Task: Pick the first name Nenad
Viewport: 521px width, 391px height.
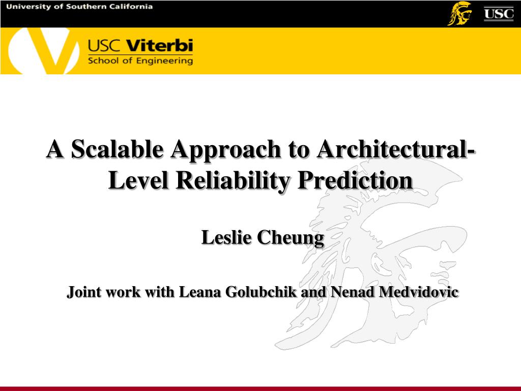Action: click(x=349, y=292)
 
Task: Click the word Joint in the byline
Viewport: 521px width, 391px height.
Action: click(x=84, y=292)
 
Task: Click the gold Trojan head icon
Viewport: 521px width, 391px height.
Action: click(x=459, y=13)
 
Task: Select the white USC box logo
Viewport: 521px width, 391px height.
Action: click(x=498, y=13)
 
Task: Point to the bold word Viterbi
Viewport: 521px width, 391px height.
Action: click(x=159, y=46)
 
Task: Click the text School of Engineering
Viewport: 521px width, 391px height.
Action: click(x=140, y=61)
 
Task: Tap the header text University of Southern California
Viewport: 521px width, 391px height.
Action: click(x=80, y=7)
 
